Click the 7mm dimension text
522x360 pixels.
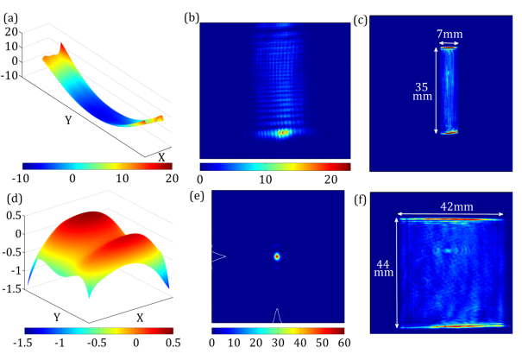449,32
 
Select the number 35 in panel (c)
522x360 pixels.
419,86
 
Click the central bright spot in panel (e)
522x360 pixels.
277,256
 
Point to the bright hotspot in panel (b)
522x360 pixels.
281,133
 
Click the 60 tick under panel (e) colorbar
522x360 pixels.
343,344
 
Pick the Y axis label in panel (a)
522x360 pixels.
69,120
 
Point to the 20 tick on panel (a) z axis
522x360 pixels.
12,31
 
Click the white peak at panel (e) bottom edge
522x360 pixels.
277,315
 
